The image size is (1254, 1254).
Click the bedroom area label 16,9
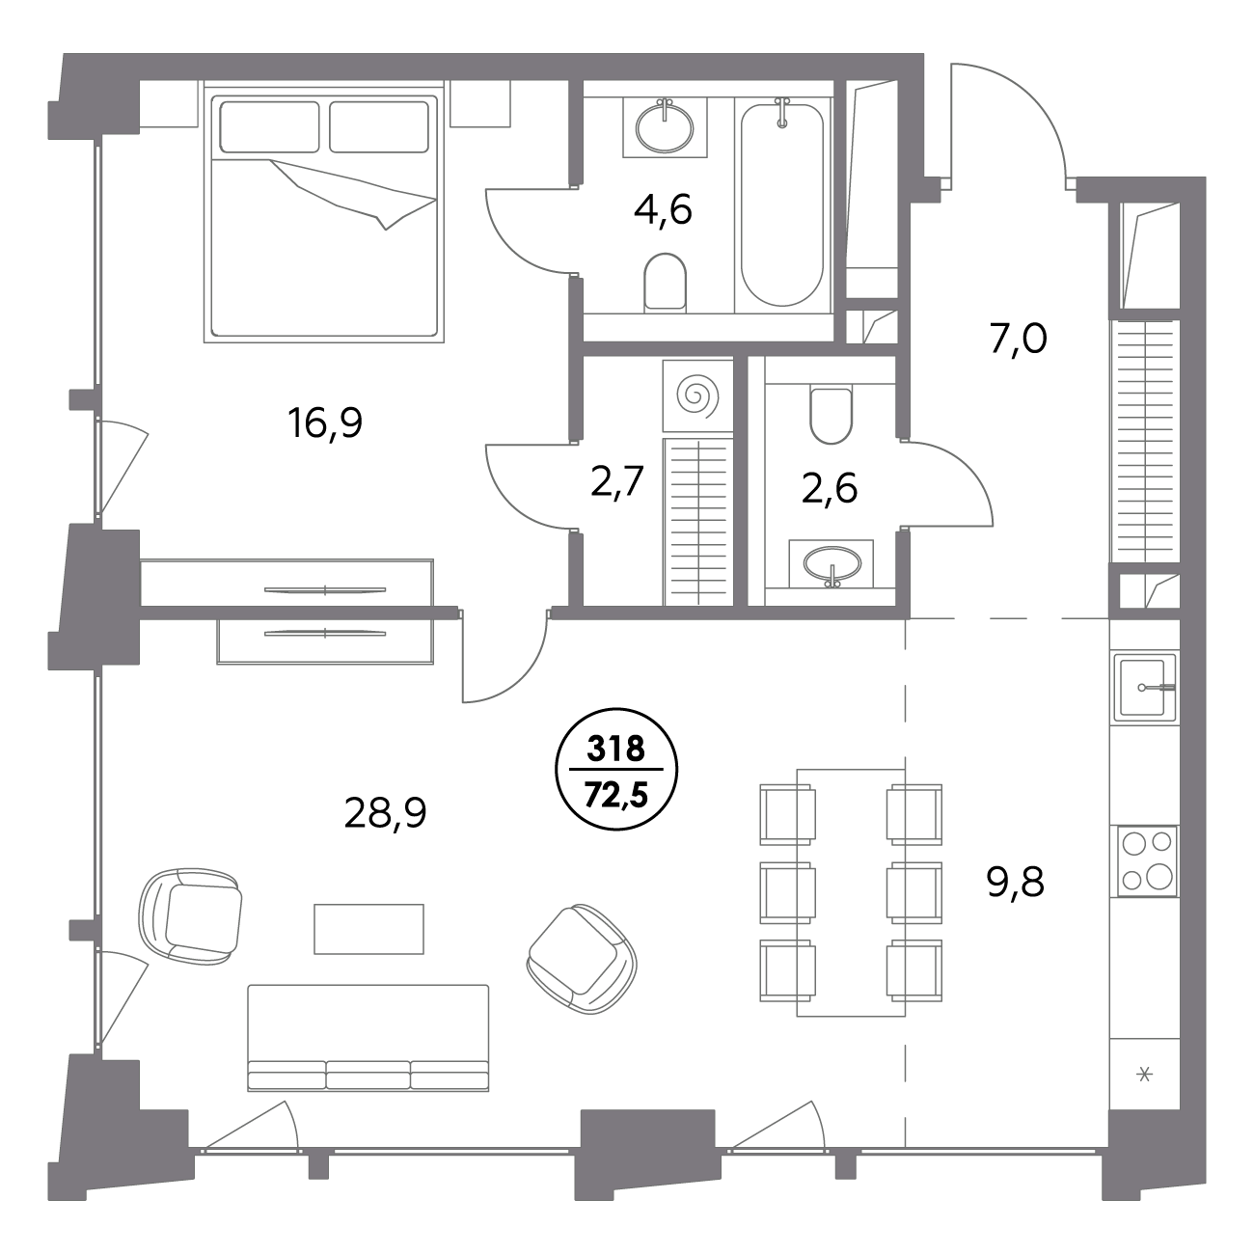[x=325, y=423]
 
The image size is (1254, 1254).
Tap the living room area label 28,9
[x=385, y=813]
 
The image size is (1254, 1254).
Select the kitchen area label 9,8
[x=1015, y=883]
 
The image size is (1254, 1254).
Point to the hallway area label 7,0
[x=1019, y=340]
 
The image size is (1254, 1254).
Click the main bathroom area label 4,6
[x=663, y=209]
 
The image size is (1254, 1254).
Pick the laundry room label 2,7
[x=617, y=482]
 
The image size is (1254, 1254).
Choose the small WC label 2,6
[x=829, y=489]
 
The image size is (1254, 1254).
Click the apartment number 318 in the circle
[x=615, y=749]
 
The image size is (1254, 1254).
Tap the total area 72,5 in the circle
[x=615, y=795]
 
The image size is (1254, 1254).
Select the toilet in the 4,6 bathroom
[x=665, y=281]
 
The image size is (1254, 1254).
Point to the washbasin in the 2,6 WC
[x=831, y=562]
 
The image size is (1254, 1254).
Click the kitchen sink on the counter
[x=1145, y=688]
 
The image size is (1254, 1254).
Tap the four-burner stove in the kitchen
[x=1147, y=861]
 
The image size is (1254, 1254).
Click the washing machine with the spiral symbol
[x=697, y=395]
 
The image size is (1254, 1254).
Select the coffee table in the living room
[x=369, y=929]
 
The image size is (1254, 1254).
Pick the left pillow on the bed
[x=269, y=126]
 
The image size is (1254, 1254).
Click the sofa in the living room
[x=368, y=1037]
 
